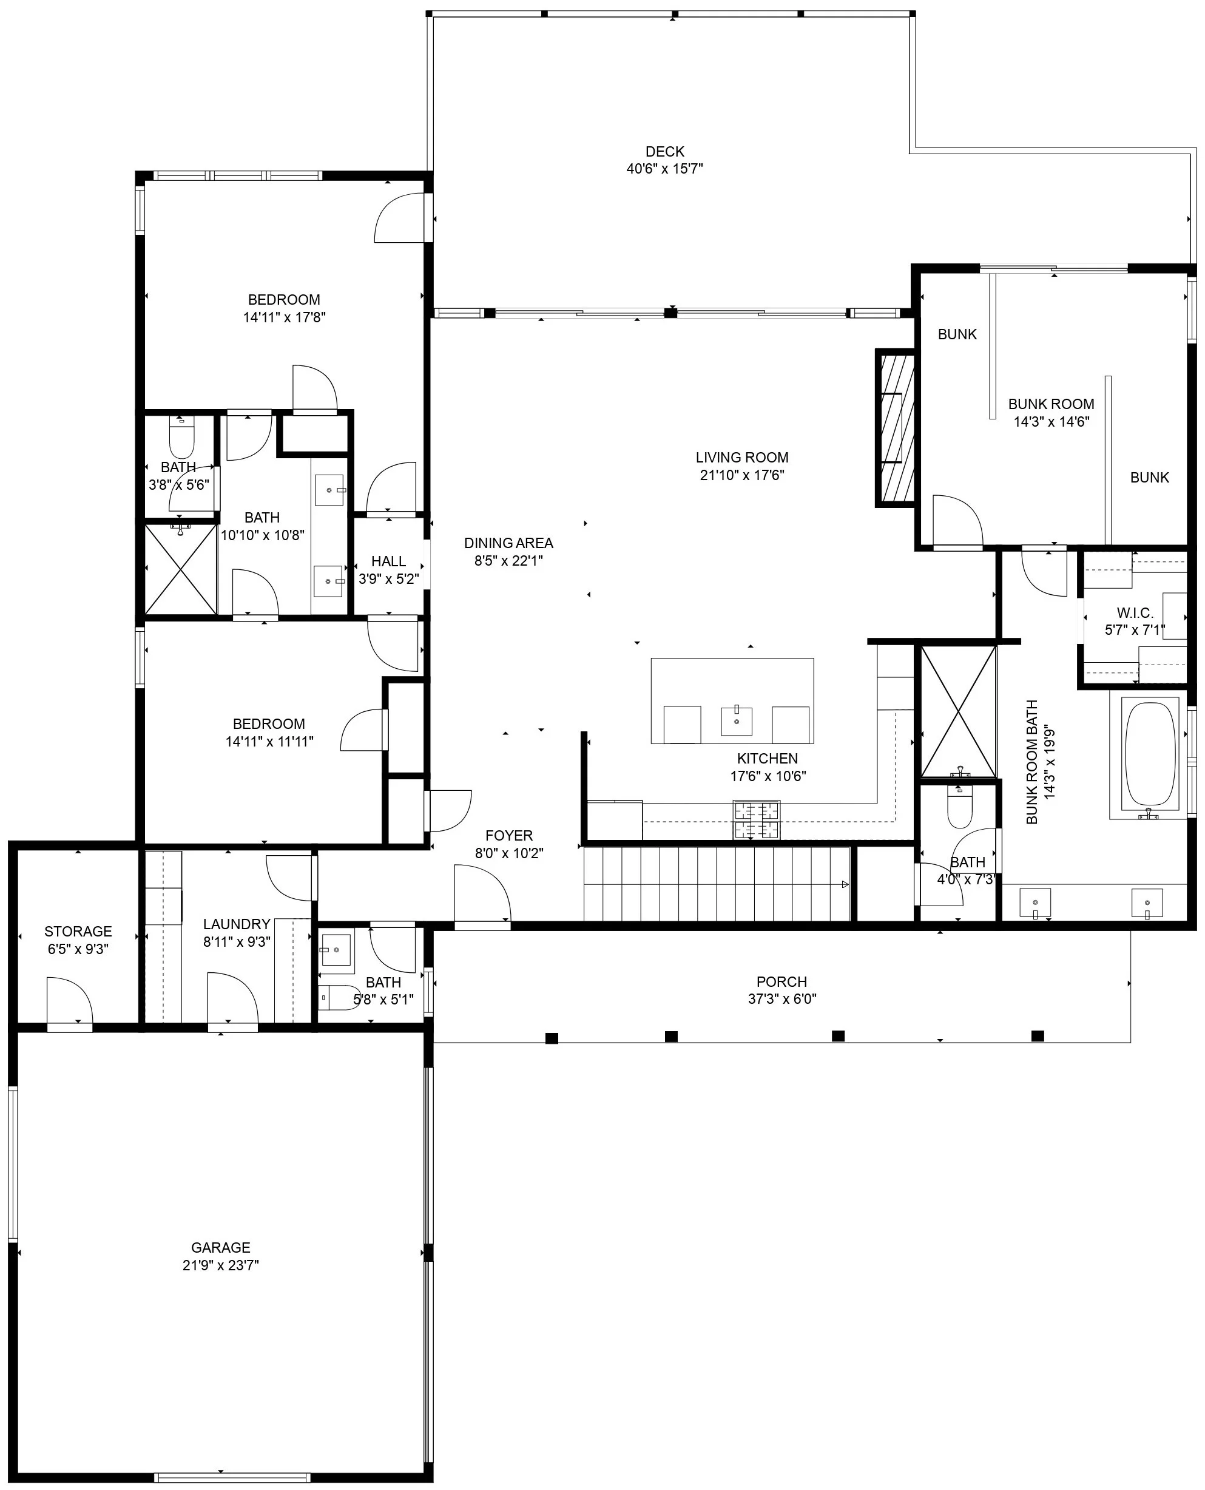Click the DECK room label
[665, 151]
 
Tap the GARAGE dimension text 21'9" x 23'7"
[221, 1265]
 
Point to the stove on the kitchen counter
[756, 820]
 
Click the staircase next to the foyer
[717, 884]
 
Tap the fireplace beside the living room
[896, 428]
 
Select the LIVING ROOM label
[742, 458]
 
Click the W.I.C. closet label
[1135, 613]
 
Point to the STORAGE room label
[78, 931]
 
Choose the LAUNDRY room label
[237, 924]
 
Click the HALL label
[388, 561]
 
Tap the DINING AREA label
[509, 543]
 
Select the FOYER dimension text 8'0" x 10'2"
[509, 853]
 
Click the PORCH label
[781, 982]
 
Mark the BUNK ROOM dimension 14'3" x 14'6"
[1051, 421]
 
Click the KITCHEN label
[768, 759]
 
